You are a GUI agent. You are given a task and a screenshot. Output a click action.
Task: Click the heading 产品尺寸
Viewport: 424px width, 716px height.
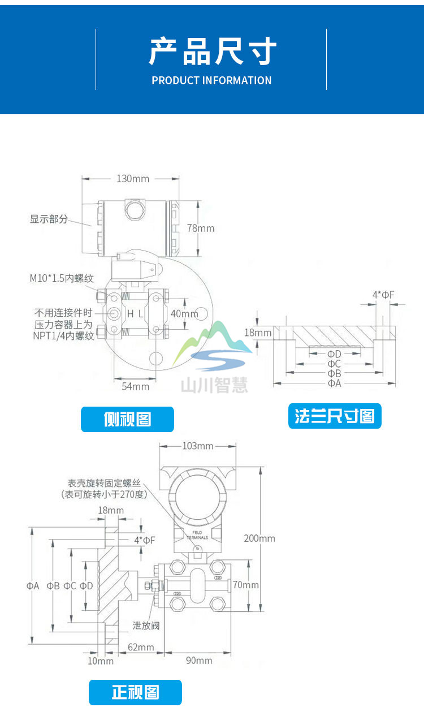point(212,52)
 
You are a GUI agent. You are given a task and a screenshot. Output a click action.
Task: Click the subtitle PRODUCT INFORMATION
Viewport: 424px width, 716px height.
point(211,81)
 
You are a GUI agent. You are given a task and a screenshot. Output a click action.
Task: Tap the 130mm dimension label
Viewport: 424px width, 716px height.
point(133,179)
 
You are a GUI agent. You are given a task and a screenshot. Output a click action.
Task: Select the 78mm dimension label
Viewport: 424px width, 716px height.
point(201,228)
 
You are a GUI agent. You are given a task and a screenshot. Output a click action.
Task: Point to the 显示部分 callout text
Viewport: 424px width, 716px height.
point(49,219)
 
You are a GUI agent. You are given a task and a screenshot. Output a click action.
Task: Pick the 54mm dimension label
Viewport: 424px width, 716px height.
point(136,386)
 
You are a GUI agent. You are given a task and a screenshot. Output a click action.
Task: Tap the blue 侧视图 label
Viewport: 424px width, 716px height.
point(127,419)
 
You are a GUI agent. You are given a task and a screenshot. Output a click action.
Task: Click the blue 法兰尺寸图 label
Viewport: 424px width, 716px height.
point(335,416)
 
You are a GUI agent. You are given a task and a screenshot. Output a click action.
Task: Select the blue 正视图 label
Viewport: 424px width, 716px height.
point(135,692)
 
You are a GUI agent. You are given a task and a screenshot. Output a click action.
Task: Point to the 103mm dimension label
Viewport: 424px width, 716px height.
point(197,446)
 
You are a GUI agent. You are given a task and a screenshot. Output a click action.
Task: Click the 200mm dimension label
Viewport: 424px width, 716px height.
point(259,538)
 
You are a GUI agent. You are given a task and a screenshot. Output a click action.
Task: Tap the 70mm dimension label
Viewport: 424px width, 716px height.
point(246,585)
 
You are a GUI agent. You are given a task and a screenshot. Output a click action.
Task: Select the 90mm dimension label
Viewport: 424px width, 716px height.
point(198,661)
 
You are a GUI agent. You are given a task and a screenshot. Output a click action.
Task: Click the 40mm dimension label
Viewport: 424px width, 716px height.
point(184,313)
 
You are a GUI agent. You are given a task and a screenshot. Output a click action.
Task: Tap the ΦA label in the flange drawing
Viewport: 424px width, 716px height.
point(335,383)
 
